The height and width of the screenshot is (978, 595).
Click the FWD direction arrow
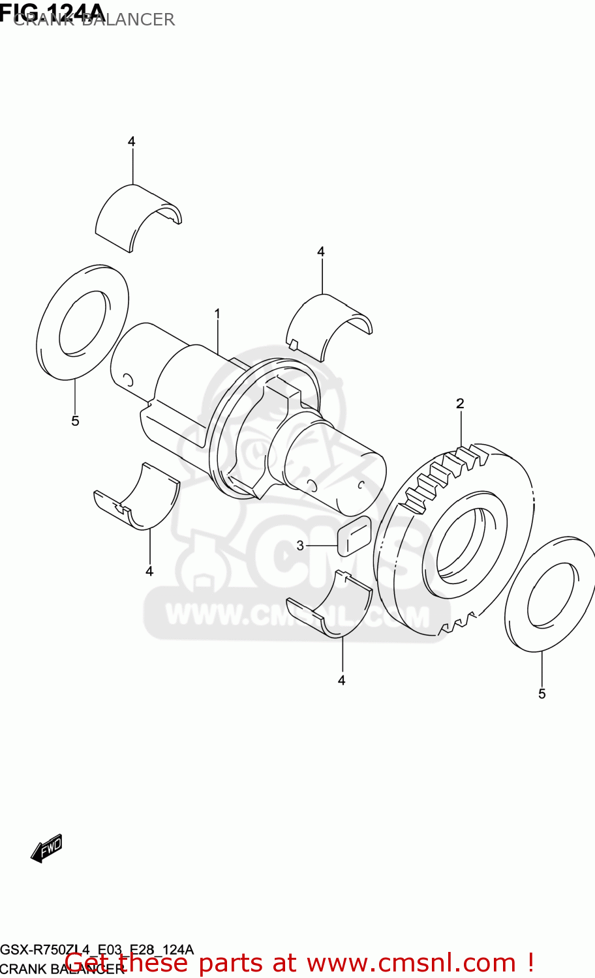(47, 848)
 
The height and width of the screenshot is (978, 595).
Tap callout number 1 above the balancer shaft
(217, 314)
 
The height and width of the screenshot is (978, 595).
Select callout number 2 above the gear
(460, 404)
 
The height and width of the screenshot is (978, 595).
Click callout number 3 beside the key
(300, 545)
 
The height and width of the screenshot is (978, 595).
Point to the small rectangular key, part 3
(354, 536)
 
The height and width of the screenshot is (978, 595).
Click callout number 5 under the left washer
(75, 421)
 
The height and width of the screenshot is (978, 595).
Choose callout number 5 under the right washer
(542, 694)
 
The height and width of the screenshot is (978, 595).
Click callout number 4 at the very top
(131, 141)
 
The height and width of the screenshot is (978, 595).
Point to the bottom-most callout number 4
(341, 680)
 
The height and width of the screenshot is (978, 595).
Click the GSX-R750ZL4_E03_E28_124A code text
(97, 949)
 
